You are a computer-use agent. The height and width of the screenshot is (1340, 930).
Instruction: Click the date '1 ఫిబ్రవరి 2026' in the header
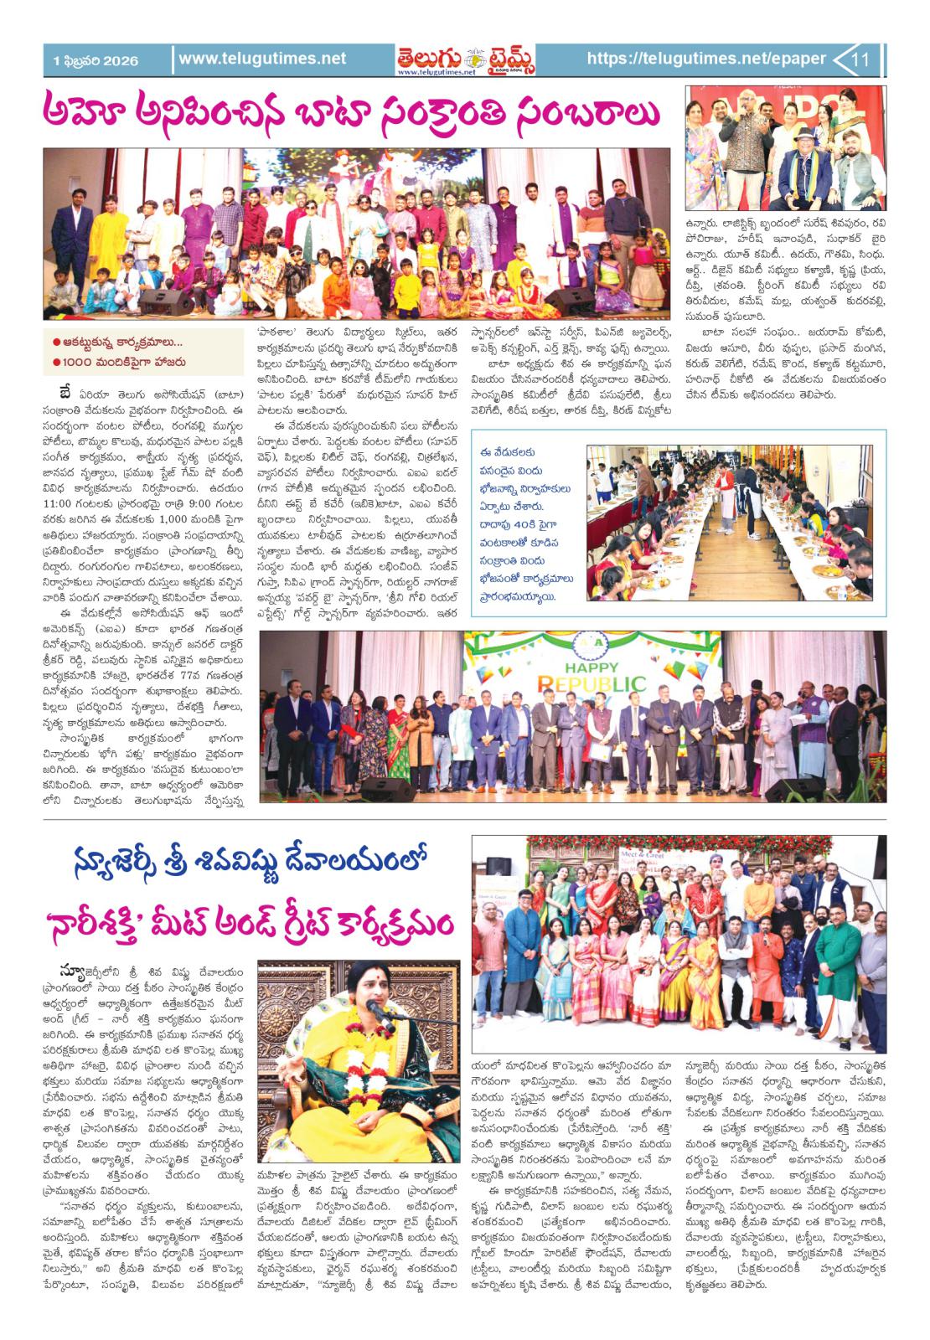[95, 60]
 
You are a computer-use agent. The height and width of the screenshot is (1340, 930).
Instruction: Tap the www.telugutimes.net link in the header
[262, 59]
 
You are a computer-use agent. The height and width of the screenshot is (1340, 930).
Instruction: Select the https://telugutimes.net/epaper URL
[706, 59]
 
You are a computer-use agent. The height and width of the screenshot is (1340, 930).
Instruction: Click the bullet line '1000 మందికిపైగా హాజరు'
[119, 363]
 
